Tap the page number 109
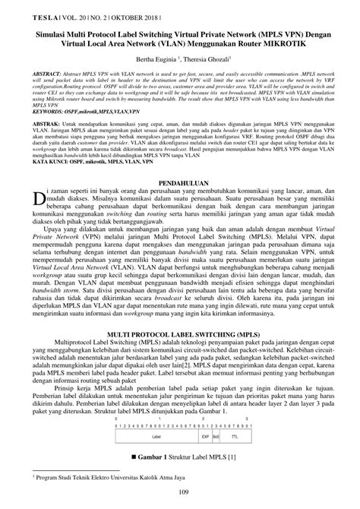(179, 495)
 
